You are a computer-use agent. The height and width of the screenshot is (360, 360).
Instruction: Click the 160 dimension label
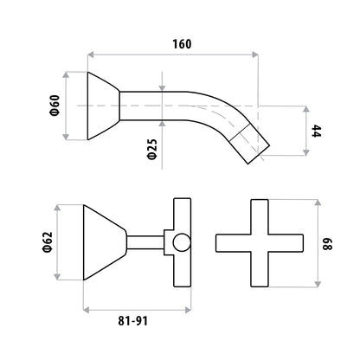(x=182, y=44)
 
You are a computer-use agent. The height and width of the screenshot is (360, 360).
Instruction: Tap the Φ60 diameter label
(x=55, y=106)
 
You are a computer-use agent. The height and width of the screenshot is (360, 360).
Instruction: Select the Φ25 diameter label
(x=152, y=149)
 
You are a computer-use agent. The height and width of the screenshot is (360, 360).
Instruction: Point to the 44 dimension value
(x=316, y=131)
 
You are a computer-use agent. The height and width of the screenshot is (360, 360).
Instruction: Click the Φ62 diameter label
(x=48, y=242)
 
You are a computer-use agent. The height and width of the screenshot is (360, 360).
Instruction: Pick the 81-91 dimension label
(x=132, y=321)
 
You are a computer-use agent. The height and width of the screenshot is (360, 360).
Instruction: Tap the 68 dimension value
(x=327, y=244)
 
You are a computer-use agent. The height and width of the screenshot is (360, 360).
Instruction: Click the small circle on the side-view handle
(x=182, y=242)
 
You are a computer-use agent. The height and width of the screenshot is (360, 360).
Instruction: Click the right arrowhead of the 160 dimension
(x=254, y=55)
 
